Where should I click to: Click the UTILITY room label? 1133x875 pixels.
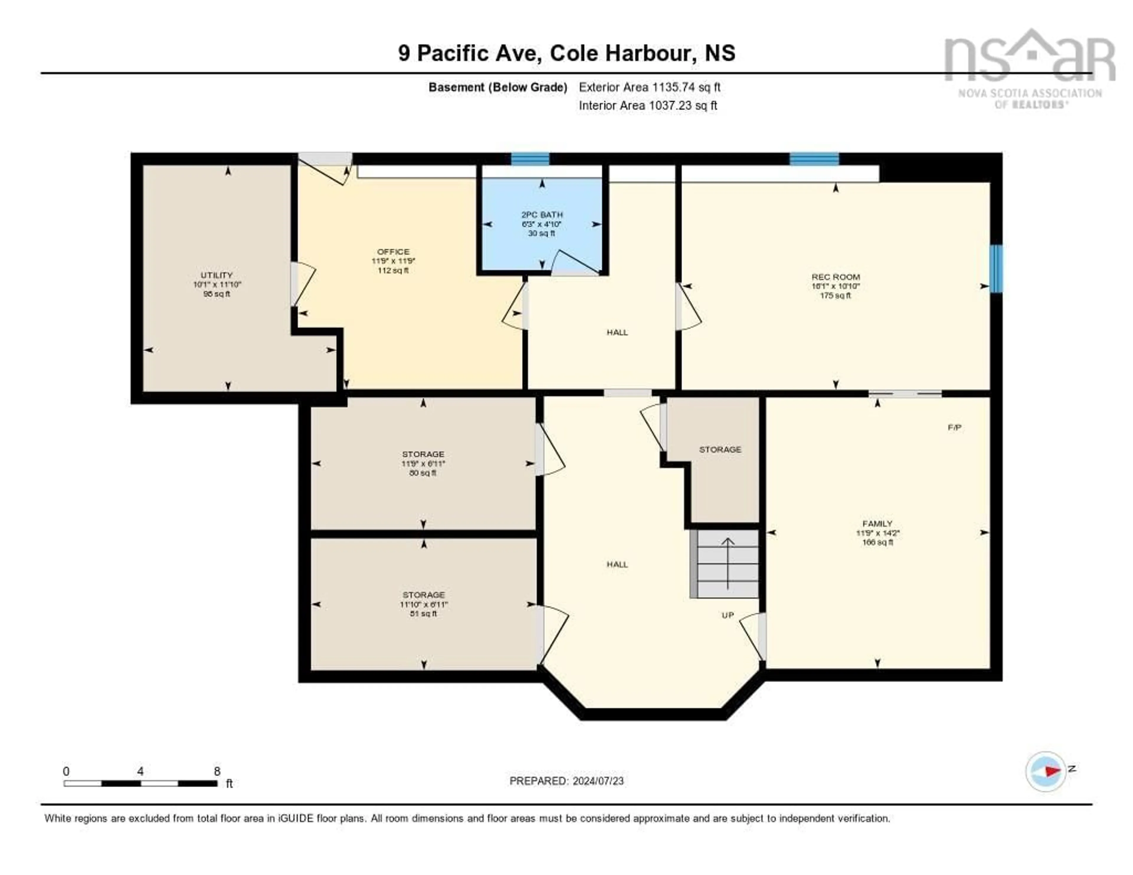[217, 275]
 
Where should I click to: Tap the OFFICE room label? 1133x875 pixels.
[393, 252]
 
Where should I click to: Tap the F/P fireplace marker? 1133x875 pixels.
[954, 427]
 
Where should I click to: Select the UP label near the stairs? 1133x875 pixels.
[728, 615]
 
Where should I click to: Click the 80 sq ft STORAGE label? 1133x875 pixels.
[423, 454]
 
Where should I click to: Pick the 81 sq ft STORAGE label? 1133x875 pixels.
[423, 595]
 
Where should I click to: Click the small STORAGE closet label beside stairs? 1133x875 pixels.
[720, 449]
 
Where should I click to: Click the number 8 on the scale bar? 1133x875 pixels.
[217, 771]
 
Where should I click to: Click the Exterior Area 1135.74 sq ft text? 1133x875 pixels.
[649, 87]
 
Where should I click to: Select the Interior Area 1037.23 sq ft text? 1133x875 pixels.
[648, 105]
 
